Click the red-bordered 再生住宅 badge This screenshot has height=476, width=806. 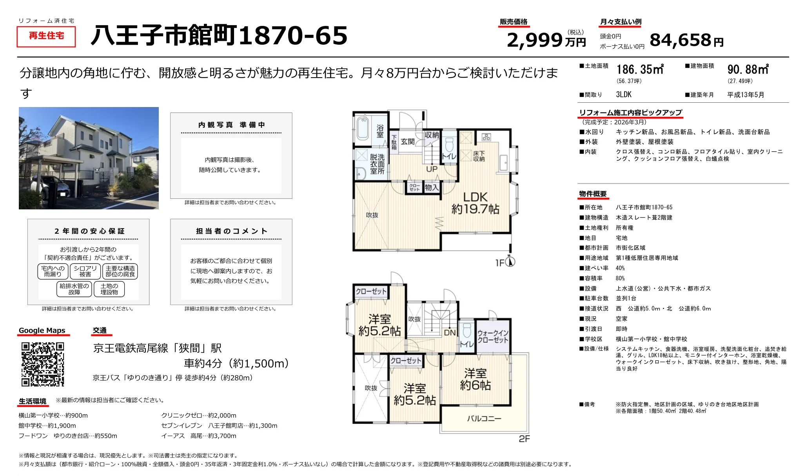(46, 36)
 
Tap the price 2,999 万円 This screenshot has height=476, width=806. (546, 40)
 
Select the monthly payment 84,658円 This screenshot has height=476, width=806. (686, 40)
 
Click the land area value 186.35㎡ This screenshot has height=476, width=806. (640, 70)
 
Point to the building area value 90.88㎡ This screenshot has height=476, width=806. (748, 70)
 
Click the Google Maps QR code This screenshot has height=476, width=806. (42, 364)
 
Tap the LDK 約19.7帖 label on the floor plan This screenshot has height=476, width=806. (475, 203)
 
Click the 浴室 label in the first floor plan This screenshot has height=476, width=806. (380, 131)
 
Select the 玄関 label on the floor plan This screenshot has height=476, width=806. (408, 142)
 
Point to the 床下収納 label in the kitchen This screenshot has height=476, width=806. (479, 156)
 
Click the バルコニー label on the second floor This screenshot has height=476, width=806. (484, 419)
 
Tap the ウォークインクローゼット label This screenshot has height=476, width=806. (493, 336)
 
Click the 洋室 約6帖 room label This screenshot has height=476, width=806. (475, 379)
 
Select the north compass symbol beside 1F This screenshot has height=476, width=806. (510, 262)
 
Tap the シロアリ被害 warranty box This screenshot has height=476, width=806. (85, 271)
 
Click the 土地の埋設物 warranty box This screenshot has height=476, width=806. (109, 289)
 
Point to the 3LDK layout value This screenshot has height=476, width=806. (624, 94)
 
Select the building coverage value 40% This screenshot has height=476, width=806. (620, 268)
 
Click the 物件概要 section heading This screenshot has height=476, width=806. (593, 194)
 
